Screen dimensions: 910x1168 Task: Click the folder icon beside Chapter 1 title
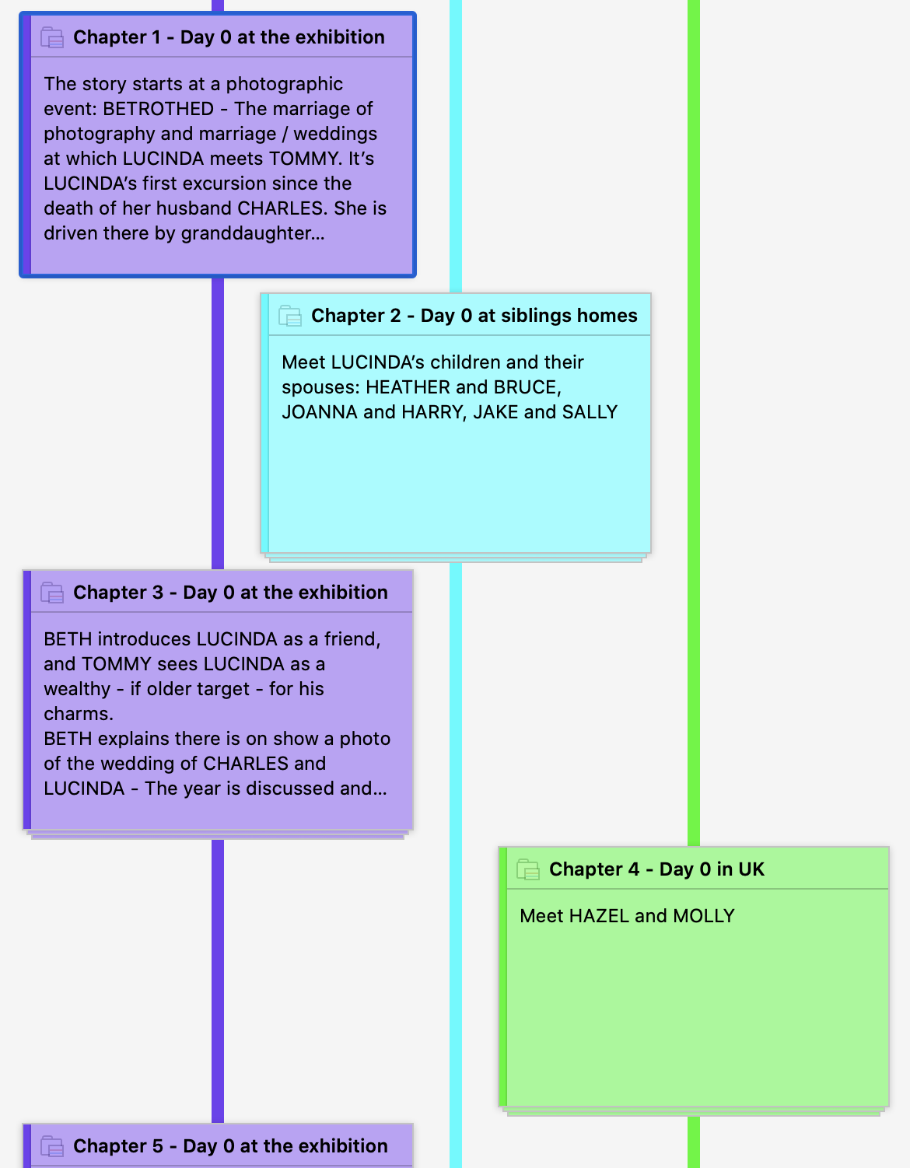pyautogui.click(x=52, y=37)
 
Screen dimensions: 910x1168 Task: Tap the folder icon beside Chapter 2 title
pyautogui.click(x=289, y=316)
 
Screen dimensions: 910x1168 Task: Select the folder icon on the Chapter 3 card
pyautogui.click(x=52, y=593)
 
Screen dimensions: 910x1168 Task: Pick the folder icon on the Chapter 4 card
pyautogui.click(x=528, y=869)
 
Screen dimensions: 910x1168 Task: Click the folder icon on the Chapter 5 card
pyautogui.click(x=52, y=1146)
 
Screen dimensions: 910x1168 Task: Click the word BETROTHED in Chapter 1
pyautogui.click(x=159, y=109)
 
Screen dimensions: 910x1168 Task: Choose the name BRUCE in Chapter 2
pyautogui.click(x=527, y=387)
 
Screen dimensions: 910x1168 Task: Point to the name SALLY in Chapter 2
pyautogui.click(x=590, y=411)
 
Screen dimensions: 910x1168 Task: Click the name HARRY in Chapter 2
pyautogui.click(x=434, y=411)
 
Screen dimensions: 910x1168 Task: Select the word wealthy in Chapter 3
pyautogui.click(x=77, y=689)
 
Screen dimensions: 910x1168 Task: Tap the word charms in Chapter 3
pyautogui.click(x=79, y=714)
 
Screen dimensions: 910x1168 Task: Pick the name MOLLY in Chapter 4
pyautogui.click(x=704, y=916)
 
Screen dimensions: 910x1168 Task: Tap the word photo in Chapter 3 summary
pyautogui.click(x=365, y=739)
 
